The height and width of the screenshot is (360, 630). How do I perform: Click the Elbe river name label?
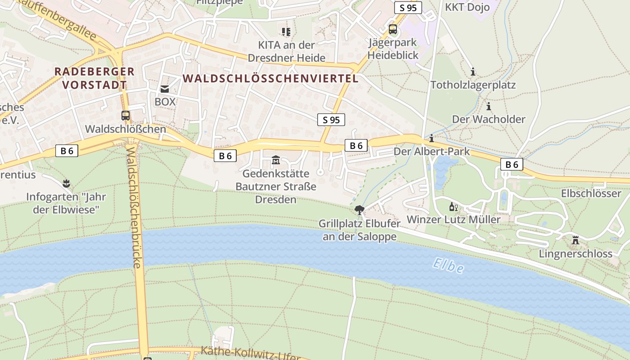click(448, 265)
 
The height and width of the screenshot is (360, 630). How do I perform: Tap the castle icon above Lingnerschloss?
click(575, 240)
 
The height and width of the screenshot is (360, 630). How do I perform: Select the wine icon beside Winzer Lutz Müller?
click(453, 207)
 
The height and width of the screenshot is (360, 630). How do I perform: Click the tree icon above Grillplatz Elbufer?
click(359, 209)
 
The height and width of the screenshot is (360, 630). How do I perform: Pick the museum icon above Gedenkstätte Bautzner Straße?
click(276, 160)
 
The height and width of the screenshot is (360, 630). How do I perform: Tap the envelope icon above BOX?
click(165, 89)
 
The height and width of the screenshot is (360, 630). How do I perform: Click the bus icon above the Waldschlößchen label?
click(126, 115)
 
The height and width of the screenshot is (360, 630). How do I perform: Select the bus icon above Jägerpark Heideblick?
click(393, 30)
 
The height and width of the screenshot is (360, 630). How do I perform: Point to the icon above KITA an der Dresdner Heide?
click(286, 31)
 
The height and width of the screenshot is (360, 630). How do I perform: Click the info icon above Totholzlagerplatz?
click(472, 72)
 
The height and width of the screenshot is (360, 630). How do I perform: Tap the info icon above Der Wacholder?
click(489, 106)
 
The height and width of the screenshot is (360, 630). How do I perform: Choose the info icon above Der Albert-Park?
click(432, 138)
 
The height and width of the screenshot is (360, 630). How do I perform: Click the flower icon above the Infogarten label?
click(67, 183)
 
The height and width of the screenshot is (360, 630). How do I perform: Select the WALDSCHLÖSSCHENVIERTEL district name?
click(270, 78)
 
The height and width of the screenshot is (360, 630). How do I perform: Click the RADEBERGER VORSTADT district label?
click(94, 78)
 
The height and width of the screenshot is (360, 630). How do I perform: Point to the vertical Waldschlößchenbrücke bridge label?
click(134, 207)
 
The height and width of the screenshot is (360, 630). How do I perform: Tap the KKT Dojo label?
click(467, 7)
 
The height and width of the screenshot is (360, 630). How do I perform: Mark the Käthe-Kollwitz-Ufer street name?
click(250, 352)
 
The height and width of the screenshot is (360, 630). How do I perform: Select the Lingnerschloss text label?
click(576, 254)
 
